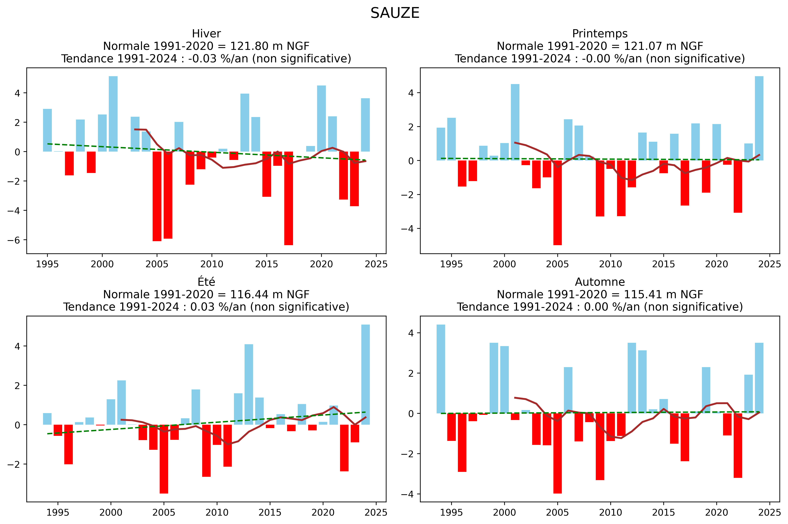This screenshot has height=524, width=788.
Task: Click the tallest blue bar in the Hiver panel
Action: tap(113, 114)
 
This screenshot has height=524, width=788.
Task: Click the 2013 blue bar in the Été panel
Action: tap(249, 384)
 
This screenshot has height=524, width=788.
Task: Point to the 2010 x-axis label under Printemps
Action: tap(610, 264)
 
